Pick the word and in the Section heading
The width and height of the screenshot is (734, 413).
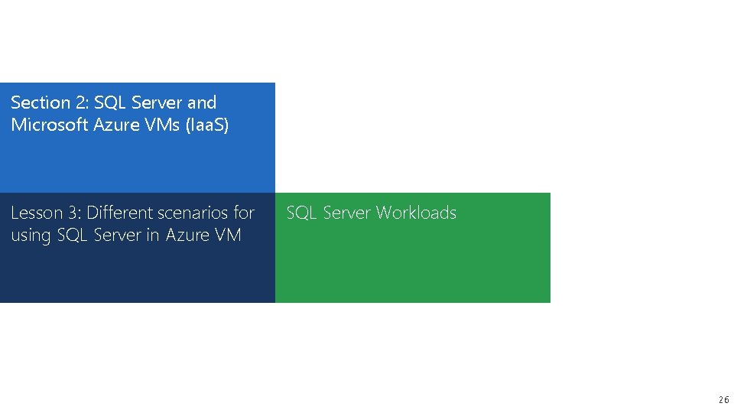[202, 102]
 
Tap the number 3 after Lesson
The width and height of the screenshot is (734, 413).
[74, 213]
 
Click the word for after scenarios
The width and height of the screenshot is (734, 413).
[243, 213]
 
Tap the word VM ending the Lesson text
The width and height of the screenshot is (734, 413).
[228, 236]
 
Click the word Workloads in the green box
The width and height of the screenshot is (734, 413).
[416, 213]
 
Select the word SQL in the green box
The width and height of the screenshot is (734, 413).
[301, 213]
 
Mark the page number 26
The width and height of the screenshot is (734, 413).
[723, 400]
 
